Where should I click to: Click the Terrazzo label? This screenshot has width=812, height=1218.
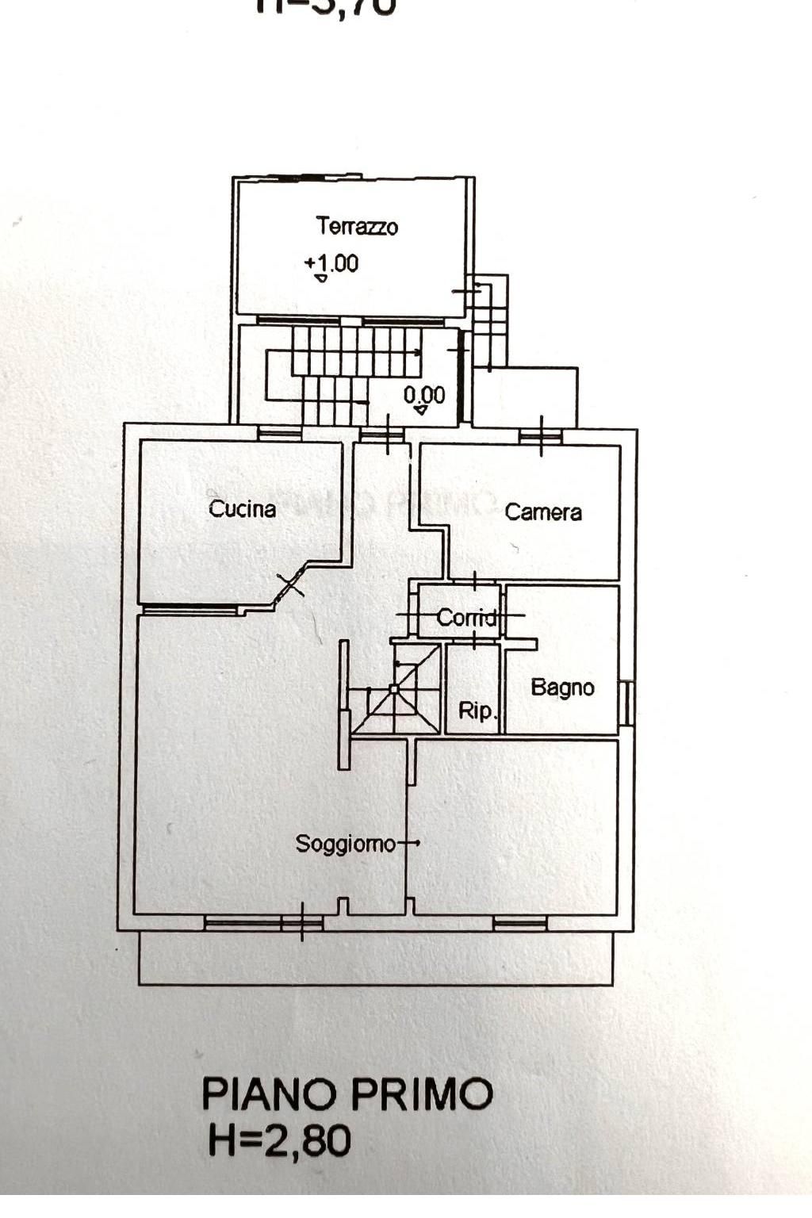357,227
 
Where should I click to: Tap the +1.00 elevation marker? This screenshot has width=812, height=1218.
331,263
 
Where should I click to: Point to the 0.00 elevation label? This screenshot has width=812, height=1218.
424,395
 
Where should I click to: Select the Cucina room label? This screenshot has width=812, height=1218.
242,508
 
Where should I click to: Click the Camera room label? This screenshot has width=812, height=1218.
543,512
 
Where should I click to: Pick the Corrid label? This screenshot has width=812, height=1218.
467,617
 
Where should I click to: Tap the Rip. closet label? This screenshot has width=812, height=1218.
477,710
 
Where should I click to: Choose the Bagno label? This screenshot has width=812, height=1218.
562,687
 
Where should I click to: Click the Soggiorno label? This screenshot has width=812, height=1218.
345,844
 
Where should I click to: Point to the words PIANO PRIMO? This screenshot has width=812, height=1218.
347,1094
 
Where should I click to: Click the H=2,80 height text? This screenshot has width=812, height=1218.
279,1140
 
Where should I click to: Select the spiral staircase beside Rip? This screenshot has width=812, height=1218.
396,688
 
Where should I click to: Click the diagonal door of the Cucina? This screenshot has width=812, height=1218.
291,584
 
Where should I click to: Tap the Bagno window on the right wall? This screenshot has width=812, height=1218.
626,703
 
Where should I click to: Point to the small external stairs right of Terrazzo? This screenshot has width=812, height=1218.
489,320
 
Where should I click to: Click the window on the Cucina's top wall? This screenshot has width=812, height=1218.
280,434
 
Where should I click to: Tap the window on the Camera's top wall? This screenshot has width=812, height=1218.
541,436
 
